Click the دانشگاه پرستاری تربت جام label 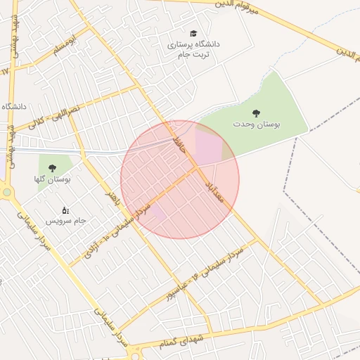(x=193, y=49)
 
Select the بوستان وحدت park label (x=257, y=124)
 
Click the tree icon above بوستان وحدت (x=255, y=112)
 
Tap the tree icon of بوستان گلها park (x=52, y=168)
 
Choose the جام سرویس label (x=65, y=221)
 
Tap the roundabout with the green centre (x=7, y=192)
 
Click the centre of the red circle (x=180, y=180)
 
